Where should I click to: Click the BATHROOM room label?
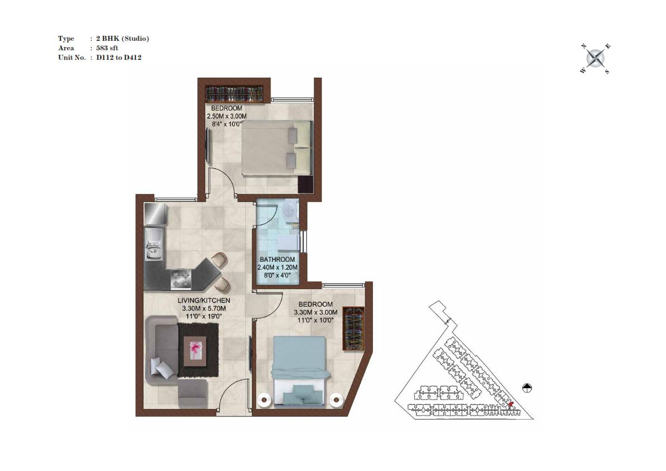(x=277, y=259)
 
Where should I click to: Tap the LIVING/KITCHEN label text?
(x=204, y=300)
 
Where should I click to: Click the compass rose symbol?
(x=596, y=58)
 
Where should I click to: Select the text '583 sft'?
(x=107, y=48)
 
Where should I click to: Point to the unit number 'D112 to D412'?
(x=119, y=57)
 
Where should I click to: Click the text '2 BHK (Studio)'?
(x=122, y=39)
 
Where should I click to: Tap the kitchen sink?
(x=154, y=244)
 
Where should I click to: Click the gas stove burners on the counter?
(x=182, y=279)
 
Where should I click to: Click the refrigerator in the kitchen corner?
(x=156, y=214)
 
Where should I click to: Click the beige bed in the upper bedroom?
(x=277, y=147)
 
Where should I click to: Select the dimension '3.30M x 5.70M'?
(x=204, y=308)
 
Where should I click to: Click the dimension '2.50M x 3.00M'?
(x=227, y=116)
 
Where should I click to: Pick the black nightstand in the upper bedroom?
(x=305, y=183)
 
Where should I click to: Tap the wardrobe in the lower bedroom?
(x=354, y=328)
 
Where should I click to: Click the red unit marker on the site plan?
(x=511, y=404)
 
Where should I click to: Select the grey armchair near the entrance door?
(x=193, y=394)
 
